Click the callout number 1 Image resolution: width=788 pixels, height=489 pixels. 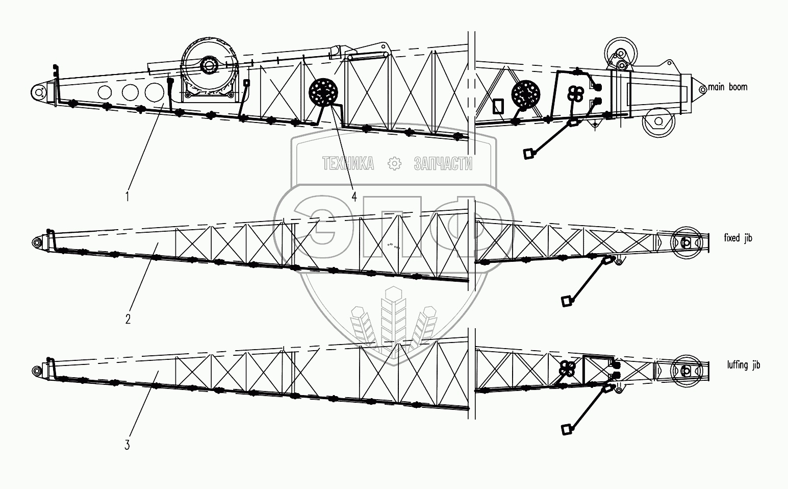pos(127,195)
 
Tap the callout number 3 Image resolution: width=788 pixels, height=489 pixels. pos(127,445)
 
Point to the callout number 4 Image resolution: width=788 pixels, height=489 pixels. pos(353,195)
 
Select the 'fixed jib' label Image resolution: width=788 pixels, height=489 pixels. pos(738,238)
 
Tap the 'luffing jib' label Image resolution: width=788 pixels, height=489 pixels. pos(744,365)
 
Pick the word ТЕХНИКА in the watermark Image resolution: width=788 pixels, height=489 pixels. pos(348,163)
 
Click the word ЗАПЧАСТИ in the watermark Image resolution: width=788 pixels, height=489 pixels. pos(443,163)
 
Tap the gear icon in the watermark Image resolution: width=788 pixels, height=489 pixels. pos(394,163)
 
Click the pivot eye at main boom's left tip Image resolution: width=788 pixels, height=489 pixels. pos(38,92)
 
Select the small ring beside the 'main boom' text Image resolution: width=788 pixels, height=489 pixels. pos(702,89)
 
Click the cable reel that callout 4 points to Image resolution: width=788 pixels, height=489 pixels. pos(324,92)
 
